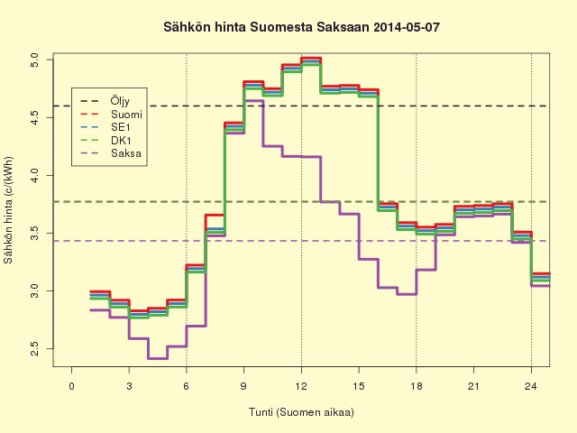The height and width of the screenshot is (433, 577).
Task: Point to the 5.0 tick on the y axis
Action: click(34, 60)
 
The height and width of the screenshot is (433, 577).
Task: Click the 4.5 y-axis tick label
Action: click(34, 117)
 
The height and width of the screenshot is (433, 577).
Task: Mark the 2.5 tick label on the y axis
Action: click(34, 349)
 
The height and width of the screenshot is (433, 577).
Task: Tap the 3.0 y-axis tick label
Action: click(34, 290)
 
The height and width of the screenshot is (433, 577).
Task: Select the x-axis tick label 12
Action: click(301, 386)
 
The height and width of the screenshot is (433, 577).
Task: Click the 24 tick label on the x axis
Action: click(531, 386)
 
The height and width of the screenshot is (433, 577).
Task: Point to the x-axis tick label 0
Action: click(71, 386)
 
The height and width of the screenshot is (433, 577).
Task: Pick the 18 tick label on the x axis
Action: click(416, 386)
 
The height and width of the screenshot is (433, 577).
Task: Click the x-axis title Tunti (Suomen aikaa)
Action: click(301, 412)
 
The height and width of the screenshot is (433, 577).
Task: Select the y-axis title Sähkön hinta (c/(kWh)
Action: click(8, 210)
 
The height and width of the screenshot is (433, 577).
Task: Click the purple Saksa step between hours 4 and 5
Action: click(158, 358)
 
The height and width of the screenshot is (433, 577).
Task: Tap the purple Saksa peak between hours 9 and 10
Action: click(253, 100)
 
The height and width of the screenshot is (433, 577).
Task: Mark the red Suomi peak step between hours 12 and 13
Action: click(311, 58)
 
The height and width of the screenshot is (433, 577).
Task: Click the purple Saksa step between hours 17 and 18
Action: click(407, 294)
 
